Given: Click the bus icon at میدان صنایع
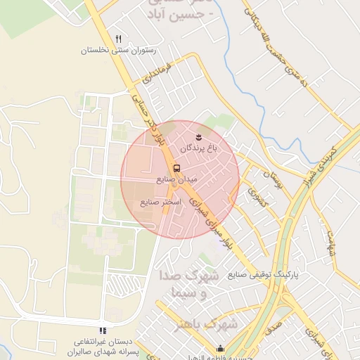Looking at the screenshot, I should [176, 168].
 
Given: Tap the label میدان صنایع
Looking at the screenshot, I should [181, 180].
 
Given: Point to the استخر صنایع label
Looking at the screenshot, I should [161, 202].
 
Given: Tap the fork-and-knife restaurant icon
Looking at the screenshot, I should [119, 39].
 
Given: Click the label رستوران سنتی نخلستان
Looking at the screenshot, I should [117, 51].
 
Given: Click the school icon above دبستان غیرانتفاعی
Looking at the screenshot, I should [103, 330].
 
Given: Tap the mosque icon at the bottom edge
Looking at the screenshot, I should [221, 348].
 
